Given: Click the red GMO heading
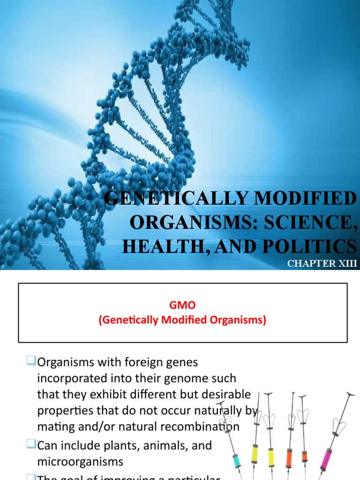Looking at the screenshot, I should pos(182,305).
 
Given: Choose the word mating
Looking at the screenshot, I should pos(55,427).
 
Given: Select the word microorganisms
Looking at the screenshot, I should pos(80,461).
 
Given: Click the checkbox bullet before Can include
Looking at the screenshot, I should pos(31,444).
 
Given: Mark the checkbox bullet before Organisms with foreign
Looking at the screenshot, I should pos(31,361).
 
